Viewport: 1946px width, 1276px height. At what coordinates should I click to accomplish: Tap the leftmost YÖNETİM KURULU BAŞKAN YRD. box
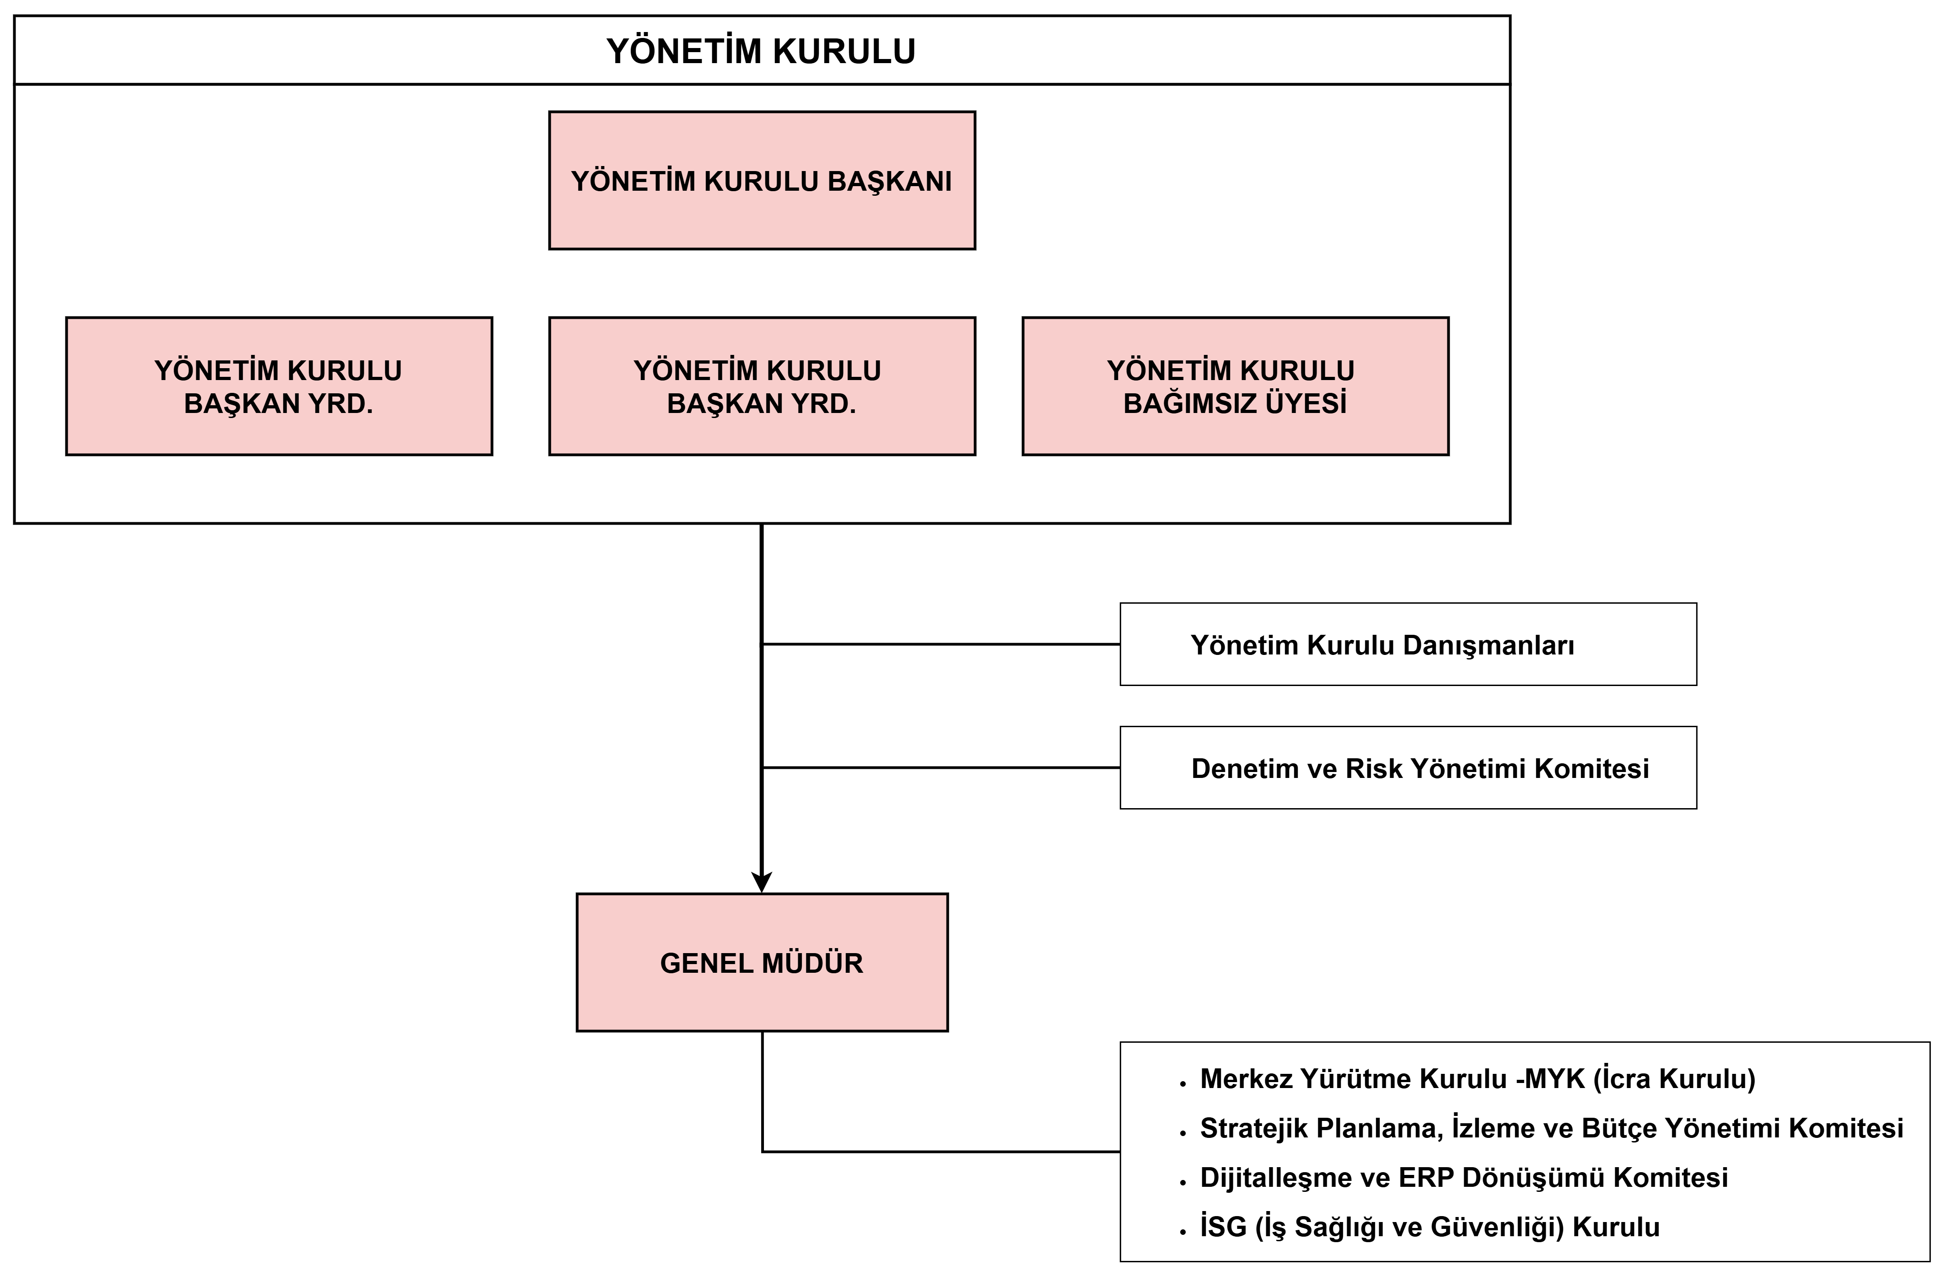pos(279,386)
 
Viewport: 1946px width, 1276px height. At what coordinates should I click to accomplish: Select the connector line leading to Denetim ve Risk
pos(941,767)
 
